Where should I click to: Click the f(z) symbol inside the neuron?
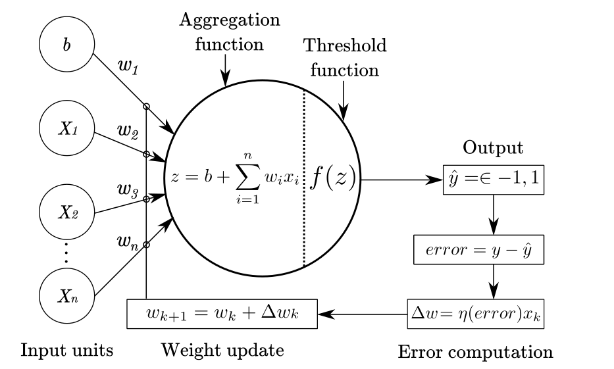pyautogui.click(x=332, y=178)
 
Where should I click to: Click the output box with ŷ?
pyautogui.click(x=493, y=178)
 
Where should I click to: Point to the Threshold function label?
pyautogui.click(x=344, y=57)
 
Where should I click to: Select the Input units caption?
pyautogui.click(x=66, y=350)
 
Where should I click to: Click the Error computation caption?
pyautogui.click(x=475, y=352)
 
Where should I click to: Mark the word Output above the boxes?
pyautogui.click(x=493, y=148)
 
